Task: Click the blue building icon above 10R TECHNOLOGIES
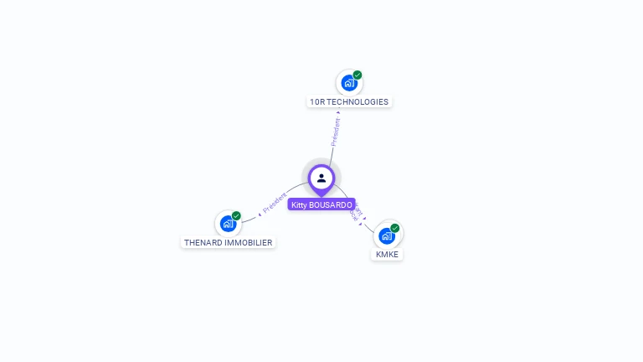pyautogui.click(x=348, y=84)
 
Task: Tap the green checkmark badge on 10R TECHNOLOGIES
pyautogui.click(x=358, y=75)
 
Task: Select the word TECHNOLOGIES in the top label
pyautogui.click(x=358, y=102)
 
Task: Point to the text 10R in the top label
pyautogui.click(x=316, y=102)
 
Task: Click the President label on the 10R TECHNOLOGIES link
pyautogui.click(x=336, y=132)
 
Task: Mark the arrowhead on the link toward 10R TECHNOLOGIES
pyautogui.click(x=338, y=113)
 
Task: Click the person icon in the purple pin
pyautogui.click(x=321, y=178)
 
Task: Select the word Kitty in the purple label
pyautogui.click(x=299, y=204)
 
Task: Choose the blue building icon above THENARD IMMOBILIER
pyautogui.click(x=228, y=224)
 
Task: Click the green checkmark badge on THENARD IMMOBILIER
pyautogui.click(x=236, y=216)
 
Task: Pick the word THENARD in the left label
pyautogui.click(x=203, y=243)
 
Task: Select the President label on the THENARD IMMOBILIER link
pyautogui.click(x=275, y=204)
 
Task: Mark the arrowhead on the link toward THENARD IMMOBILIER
pyautogui.click(x=260, y=215)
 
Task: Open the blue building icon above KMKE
pyautogui.click(x=386, y=235)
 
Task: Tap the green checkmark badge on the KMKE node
pyautogui.click(x=395, y=228)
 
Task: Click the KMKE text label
pyautogui.click(x=387, y=254)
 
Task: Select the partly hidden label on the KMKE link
pyautogui.click(x=357, y=210)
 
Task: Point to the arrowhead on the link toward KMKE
pyautogui.click(x=364, y=220)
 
